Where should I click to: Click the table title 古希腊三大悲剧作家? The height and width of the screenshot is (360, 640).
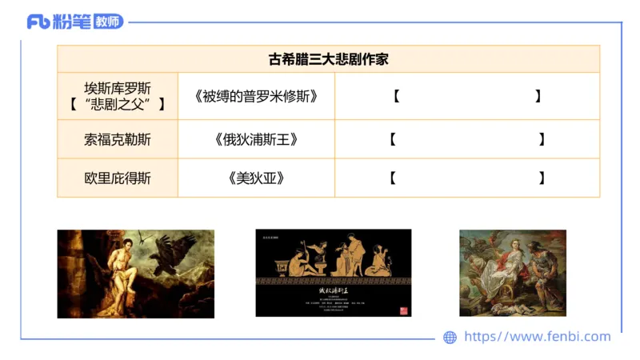328,59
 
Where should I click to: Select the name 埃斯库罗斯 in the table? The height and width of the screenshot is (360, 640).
118,87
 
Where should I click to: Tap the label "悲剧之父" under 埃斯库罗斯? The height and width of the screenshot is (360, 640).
118,104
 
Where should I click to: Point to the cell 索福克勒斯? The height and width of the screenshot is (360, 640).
118,139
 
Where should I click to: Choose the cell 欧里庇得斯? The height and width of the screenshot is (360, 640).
118,178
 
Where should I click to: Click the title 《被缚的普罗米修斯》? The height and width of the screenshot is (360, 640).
256,96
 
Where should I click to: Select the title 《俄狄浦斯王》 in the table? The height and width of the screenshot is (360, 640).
256,139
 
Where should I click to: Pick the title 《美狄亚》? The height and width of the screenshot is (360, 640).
256,178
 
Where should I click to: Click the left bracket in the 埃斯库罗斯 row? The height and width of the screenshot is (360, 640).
396,96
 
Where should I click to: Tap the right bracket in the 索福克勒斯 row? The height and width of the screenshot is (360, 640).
542,139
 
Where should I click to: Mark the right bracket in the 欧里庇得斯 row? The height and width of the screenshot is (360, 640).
542,178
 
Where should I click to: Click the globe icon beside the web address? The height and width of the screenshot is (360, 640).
450,338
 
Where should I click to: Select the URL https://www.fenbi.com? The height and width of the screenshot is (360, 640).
537,337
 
